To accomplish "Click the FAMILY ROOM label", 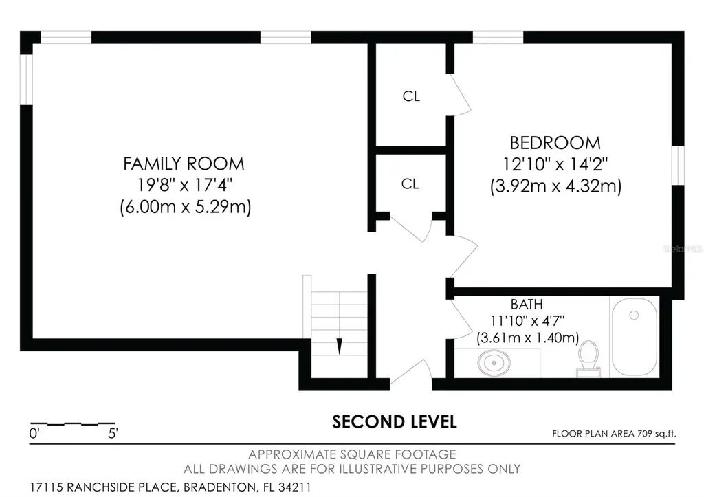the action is coord(184,164).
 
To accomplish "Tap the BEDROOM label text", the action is coord(555,143).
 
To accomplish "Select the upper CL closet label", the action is coord(411,96).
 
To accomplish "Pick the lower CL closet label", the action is coord(410,184).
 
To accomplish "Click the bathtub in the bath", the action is coord(635,337).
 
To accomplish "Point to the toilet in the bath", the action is coord(588,358).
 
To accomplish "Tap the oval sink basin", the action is coord(494,362).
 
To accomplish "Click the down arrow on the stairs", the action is coord(340,346).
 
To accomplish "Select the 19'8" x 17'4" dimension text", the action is coord(184,185).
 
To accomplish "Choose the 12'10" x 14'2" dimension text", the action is coord(555,164).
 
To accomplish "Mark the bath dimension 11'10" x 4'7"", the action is coord(527,321).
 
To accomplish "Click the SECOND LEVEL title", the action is coord(394,421).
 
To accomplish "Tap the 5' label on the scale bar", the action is coord(113,433).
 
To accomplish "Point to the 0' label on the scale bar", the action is coord(34,433).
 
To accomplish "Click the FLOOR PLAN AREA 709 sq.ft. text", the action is coord(614,434).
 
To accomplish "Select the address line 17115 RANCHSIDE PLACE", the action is coord(170,487).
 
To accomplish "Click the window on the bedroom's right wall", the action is coord(678,165).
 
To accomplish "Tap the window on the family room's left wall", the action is coord(27,80).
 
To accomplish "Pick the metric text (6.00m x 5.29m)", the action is coord(186,207).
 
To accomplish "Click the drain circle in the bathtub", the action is coord(634,315).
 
